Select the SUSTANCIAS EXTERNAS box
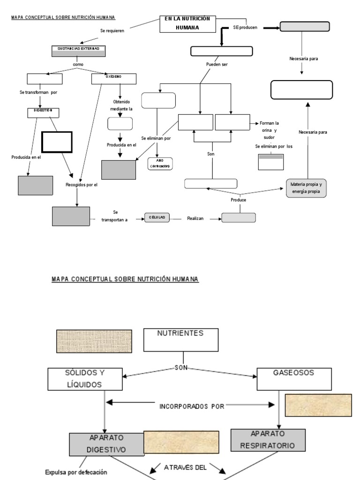coord(78,51)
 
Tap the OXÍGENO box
coord(113,79)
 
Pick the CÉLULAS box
coord(157,218)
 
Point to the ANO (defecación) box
coord(160,164)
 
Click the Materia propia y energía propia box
coord(307,187)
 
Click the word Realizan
coord(195,218)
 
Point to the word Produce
coord(238,200)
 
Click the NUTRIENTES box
coord(180,340)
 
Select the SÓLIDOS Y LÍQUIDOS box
coord(82,379)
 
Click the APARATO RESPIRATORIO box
coord(268,441)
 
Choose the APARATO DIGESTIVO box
coord(106,444)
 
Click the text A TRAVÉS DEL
coord(185,466)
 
